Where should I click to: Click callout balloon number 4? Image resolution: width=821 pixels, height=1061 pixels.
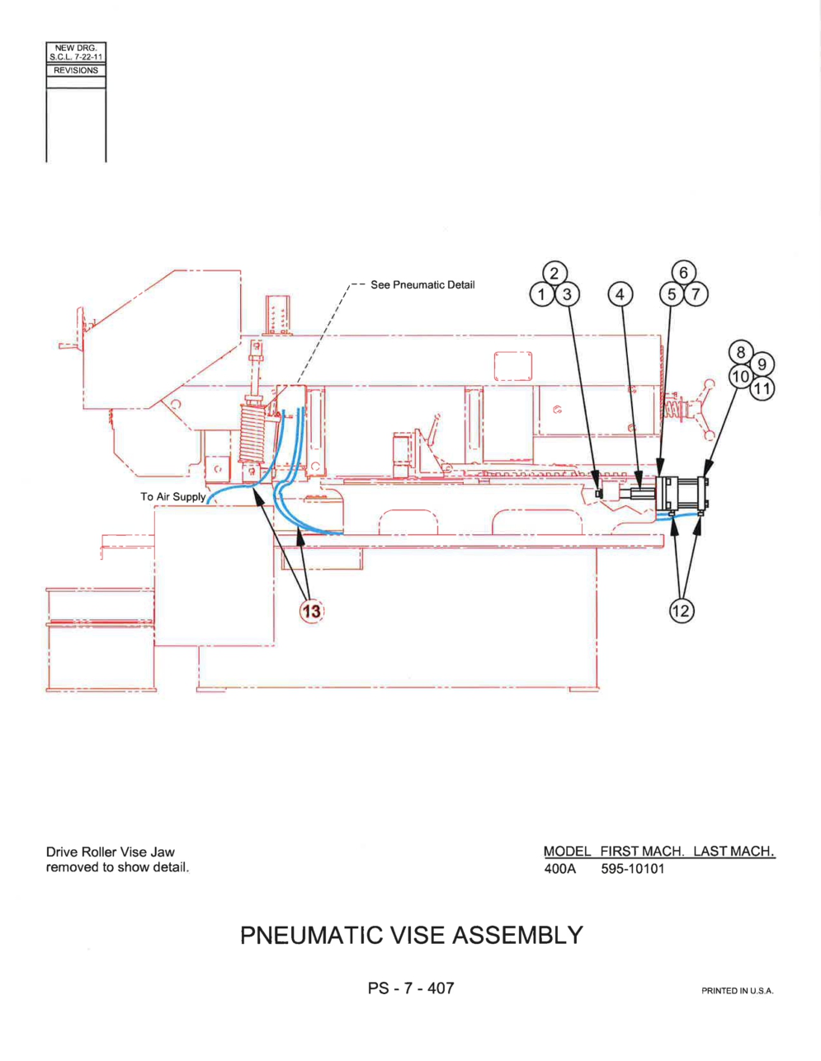coord(620,294)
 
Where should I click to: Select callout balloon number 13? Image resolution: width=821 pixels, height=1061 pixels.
coord(312,611)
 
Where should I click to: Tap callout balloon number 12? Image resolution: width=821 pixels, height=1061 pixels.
coord(682,610)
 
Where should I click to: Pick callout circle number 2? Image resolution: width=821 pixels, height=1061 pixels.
coord(554,274)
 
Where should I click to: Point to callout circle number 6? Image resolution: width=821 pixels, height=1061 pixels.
coord(684,273)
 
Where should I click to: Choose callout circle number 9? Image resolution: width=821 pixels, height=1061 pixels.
coord(762,364)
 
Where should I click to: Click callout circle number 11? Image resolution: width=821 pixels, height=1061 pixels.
coord(762,388)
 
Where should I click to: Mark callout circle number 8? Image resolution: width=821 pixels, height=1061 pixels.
coord(741,353)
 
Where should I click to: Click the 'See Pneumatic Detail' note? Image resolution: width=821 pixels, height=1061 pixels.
coord(422,284)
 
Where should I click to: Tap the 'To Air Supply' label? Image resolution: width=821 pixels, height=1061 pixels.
coord(173,496)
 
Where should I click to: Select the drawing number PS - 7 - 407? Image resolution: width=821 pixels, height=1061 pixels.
coord(411,988)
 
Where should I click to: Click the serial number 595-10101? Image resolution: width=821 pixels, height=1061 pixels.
coord(632,869)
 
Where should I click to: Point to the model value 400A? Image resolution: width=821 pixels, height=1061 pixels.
coord(560,869)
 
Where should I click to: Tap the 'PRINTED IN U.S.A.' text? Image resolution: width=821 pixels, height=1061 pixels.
coord(738,991)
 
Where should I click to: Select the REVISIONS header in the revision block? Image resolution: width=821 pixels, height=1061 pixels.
coord(76,70)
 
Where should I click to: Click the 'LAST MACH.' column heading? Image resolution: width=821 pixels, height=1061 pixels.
coord(734,852)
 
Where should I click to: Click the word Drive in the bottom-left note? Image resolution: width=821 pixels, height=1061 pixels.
coord(62,852)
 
